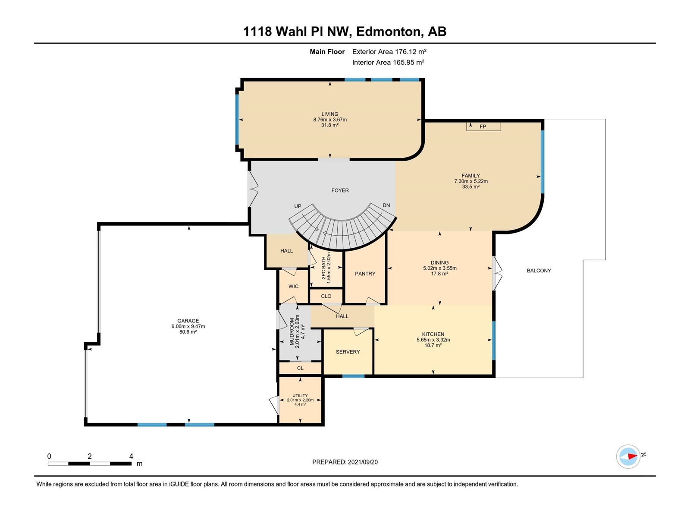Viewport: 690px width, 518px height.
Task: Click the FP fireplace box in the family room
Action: pos(483,126)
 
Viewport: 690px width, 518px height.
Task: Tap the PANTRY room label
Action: pos(365,274)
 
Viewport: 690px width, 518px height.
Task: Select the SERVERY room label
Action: pos(348,352)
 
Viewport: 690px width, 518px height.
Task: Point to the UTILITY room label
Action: pos(300,395)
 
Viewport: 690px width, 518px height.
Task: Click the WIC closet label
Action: pos(293,286)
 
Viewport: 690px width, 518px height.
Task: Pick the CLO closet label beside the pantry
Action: pos(326,296)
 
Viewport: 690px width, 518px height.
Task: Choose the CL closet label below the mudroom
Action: pos(300,368)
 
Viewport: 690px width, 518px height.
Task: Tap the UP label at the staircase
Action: pos(298,206)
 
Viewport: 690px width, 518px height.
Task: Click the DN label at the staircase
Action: pos(386,205)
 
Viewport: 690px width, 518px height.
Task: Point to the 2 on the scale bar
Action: pos(90,456)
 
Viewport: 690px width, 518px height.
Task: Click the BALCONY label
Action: pos(539,271)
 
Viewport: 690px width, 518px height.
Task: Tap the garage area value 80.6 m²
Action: pos(188,332)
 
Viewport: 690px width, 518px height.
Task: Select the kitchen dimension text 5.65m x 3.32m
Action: pos(433,340)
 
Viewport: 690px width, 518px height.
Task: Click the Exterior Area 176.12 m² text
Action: pos(389,51)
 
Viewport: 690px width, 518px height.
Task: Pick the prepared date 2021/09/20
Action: pos(362,462)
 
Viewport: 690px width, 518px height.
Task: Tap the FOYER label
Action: pos(340,190)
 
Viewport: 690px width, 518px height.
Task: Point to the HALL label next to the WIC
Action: pos(286,251)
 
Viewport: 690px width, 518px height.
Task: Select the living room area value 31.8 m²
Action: pos(330,125)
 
